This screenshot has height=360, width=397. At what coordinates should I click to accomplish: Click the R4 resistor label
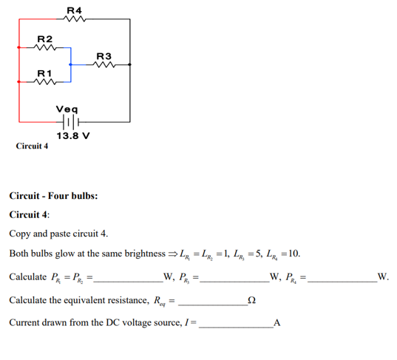pos(74,9)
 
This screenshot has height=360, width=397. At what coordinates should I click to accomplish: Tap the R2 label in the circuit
pos(44,38)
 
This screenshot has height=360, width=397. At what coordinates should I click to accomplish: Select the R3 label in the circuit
pos(104,56)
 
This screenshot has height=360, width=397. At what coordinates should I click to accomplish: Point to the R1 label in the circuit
pos(44,74)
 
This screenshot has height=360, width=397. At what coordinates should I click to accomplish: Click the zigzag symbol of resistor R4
pos(75,20)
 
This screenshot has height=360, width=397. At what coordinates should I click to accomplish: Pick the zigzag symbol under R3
pos(104,66)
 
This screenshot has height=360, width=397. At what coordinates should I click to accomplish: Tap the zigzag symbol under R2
pos(45,48)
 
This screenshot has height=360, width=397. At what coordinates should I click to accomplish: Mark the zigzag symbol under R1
pos(45,84)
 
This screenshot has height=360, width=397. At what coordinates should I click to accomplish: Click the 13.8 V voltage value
pos(72,137)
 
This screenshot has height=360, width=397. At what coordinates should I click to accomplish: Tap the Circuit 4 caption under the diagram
pos(32,146)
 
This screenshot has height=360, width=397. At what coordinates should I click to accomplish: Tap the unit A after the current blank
pos(276,324)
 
